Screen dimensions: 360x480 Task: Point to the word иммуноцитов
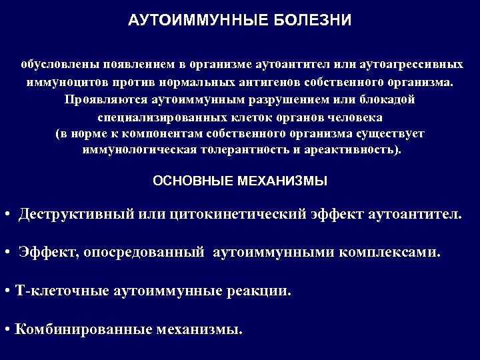click(58, 83)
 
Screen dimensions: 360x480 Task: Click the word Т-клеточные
click(61, 291)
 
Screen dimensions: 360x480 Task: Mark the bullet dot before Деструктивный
click(6, 215)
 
